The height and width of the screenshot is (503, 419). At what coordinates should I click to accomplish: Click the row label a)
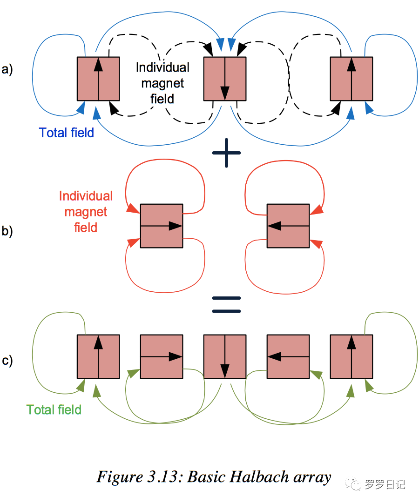(x=7, y=70)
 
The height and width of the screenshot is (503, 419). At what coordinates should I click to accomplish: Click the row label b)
(x=7, y=231)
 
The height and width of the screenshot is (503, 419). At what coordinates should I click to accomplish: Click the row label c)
(x=7, y=361)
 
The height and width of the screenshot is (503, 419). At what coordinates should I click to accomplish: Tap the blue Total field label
(x=67, y=133)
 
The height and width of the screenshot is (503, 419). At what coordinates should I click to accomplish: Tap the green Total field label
(x=54, y=410)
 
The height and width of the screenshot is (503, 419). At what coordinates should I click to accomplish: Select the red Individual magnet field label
(x=86, y=212)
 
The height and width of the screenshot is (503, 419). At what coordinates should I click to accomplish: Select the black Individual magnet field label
(x=162, y=83)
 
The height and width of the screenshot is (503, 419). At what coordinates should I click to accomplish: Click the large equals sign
(x=226, y=305)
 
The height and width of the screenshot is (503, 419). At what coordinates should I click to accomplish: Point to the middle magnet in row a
(x=225, y=79)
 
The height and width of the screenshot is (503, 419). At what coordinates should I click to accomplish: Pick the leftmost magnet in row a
(x=98, y=79)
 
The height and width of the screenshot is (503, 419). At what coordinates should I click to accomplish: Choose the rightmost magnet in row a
(x=351, y=79)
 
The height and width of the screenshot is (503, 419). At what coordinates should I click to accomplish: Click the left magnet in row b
(x=162, y=226)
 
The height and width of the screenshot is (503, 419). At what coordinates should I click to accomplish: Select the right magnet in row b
(x=288, y=226)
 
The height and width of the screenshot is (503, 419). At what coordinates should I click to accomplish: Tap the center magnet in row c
(x=225, y=356)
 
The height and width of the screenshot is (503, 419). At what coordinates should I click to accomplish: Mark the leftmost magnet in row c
(x=98, y=356)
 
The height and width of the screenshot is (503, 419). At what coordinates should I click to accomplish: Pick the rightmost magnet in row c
(x=351, y=356)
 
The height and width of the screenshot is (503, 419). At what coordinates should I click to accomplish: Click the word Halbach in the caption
(x=254, y=477)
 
